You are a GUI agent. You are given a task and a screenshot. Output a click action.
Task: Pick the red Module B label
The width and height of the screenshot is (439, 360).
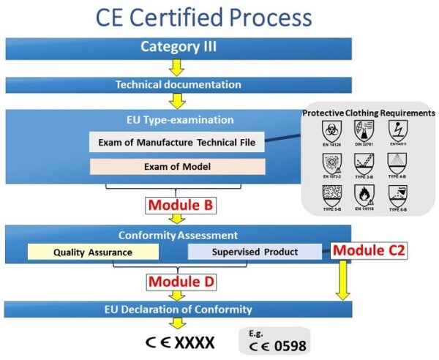[x=180, y=206]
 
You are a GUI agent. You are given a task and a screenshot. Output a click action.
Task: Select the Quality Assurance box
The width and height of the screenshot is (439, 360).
[x=92, y=252]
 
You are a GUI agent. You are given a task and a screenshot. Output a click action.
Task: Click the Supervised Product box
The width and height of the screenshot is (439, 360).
[x=254, y=252]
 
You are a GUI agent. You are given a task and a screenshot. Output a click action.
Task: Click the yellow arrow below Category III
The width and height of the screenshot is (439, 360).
[x=177, y=68]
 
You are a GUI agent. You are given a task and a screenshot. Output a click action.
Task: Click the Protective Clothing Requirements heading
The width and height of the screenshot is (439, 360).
[x=369, y=113]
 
